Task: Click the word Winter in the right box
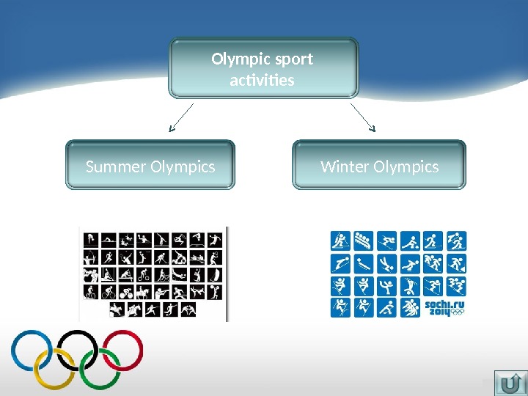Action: pos(345,167)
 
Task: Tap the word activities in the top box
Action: pos(262,79)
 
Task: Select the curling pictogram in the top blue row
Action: pos(410,241)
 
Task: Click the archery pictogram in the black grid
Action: pos(90,257)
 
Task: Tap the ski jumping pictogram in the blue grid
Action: pos(340,263)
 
